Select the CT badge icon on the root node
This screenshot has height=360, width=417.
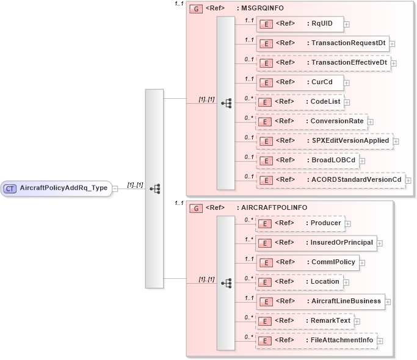[x=10, y=188]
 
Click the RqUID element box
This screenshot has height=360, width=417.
[x=299, y=24]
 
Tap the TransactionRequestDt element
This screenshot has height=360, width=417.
[x=322, y=43]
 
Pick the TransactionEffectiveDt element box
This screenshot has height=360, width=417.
[x=323, y=63]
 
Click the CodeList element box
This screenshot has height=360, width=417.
[x=299, y=102]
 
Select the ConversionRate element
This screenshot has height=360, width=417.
[x=311, y=121]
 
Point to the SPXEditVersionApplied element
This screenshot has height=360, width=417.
[x=324, y=141]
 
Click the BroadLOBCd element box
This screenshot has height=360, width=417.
[x=306, y=160]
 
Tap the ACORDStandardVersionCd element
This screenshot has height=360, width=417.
[x=330, y=180]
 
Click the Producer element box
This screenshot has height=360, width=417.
[x=299, y=223]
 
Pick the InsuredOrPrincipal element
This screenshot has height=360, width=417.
[x=316, y=243]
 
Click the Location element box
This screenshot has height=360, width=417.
[x=299, y=281]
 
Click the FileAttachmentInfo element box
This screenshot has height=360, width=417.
[x=316, y=340]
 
